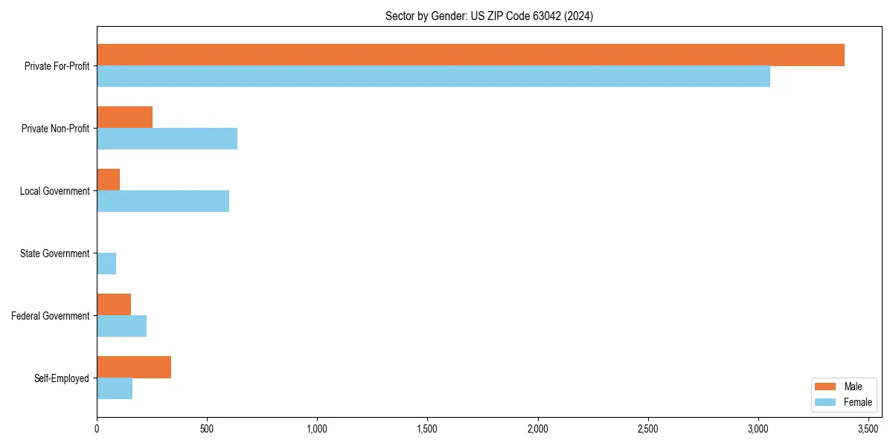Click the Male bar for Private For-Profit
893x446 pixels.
click(470, 55)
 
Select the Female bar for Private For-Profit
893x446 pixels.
click(433, 77)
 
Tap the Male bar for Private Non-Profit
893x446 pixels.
click(124, 117)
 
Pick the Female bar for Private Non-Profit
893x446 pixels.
click(167, 139)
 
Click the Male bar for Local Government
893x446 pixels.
click(108, 180)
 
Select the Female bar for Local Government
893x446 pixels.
click(163, 201)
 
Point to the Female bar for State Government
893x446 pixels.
click(106, 264)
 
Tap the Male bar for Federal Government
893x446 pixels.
click(114, 305)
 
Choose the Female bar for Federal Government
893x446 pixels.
click(121, 326)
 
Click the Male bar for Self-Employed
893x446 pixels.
click(134, 367)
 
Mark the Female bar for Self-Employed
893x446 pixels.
click(115, 389)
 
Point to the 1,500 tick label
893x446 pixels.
click(427, 429)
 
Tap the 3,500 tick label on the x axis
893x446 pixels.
click(868, 429)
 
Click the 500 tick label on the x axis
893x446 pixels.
click(207, 429)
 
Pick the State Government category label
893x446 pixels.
click(55, 253)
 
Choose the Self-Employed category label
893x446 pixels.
click(62, 378)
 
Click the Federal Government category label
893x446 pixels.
click(51, 316)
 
